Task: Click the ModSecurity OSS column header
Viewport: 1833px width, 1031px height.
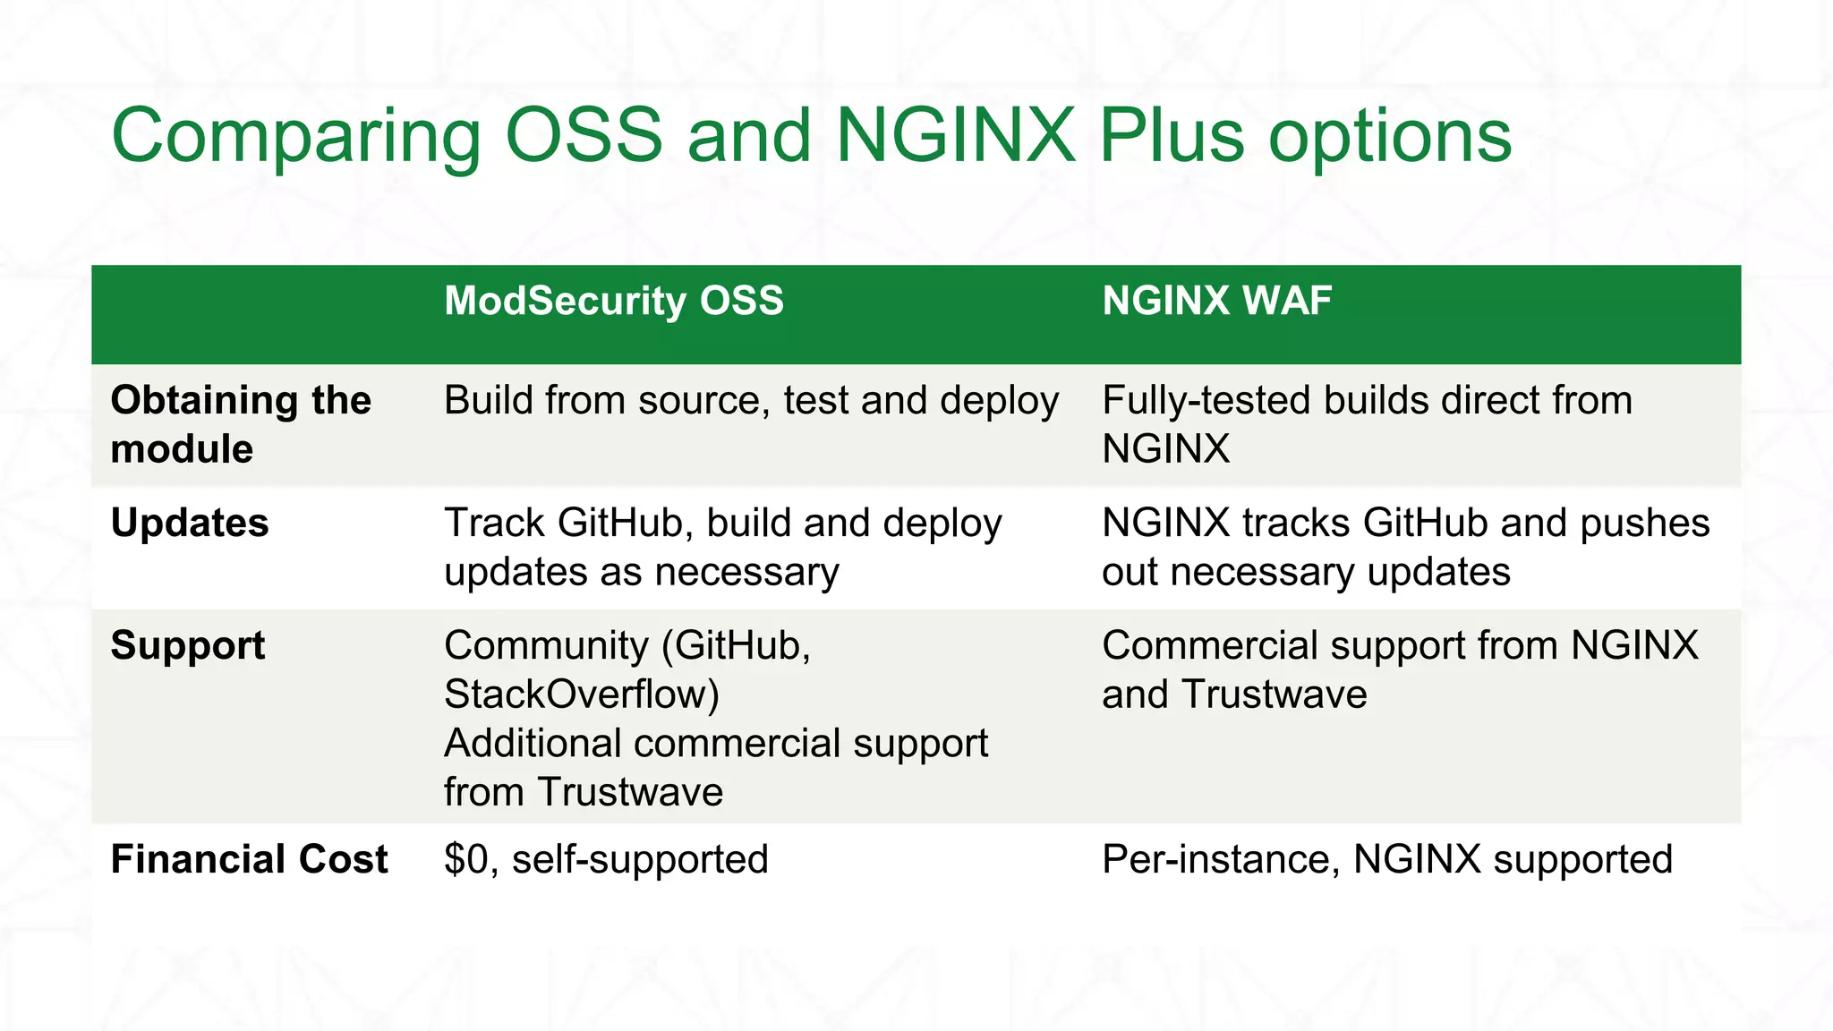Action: tap(614, 301)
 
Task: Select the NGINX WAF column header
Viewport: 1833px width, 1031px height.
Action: tap(1216, 301)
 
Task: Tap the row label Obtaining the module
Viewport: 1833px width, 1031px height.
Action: tap(240, 424)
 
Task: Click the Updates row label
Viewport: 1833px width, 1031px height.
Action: tap(190, 523)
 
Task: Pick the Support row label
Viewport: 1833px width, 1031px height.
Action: tap(188, 645)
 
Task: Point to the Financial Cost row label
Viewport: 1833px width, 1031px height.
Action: tap(249, 859)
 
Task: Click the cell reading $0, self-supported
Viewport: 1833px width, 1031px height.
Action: tap(606, 859)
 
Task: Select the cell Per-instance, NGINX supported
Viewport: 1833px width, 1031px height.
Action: tap(1386, 859)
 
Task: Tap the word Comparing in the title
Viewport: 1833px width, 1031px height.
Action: tap(296, 136)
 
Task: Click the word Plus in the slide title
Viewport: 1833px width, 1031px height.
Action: tap(1172, 136)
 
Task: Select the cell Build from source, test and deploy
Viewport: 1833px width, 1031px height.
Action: tap(751, 400)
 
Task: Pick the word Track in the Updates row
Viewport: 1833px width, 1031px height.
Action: tap(494, 523)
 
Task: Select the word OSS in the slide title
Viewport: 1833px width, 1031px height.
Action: tap(584, 136)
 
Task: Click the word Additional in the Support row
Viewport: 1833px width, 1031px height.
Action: tap(533, 744)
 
